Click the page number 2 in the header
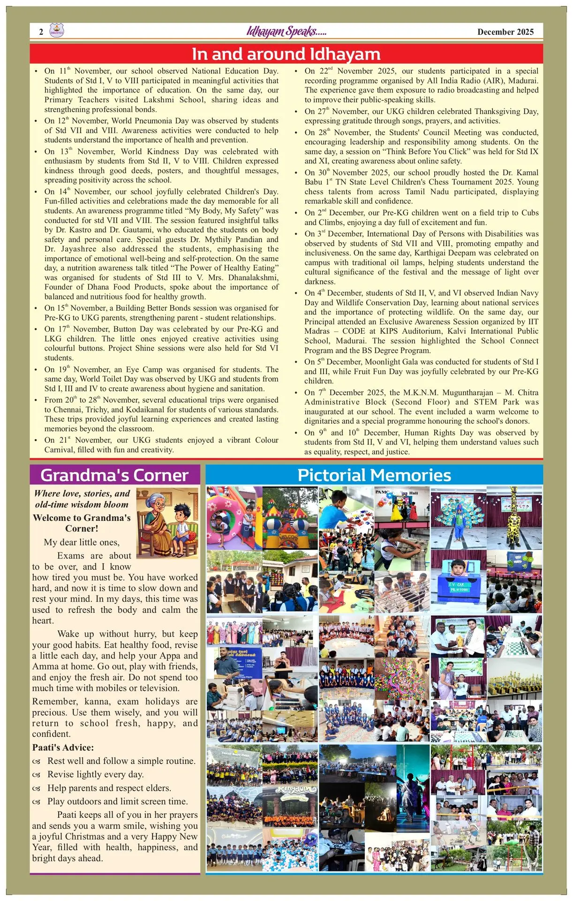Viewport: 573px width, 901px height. pyautogui.click(x=41, y=32)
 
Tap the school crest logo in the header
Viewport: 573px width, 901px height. pyautogui.click(x=56, y=31)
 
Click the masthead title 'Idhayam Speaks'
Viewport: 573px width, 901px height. pyautogui.click(x=286, y=31)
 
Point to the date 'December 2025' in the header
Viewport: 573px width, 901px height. pyautogui.click(x=505, y=32)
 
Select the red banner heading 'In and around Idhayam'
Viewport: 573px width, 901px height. pyautogui.click(x=286, y=54)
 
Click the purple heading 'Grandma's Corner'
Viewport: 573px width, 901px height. pyautogui.click(x=114, y=475)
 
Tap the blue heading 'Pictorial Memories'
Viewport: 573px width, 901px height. pyautogui.click(x=374, y=475)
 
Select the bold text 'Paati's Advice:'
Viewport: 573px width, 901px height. pyautogui.click(x=63, y=748)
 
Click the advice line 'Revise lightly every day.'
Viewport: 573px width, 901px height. pyautogui.click(x=95, y=774)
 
